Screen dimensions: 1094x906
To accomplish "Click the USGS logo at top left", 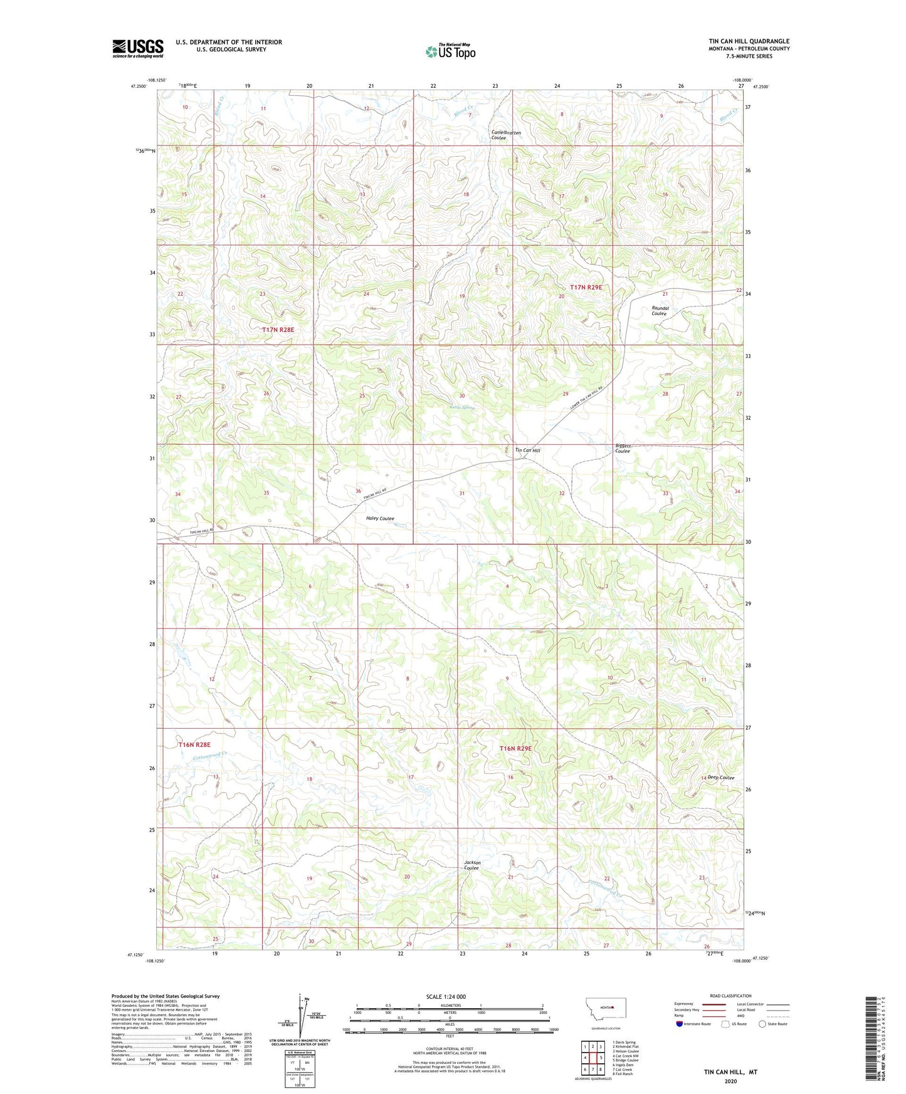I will (138, 48).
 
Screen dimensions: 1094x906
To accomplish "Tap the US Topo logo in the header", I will (450, 51).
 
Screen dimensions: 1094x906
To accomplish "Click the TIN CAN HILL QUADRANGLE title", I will (749, 41).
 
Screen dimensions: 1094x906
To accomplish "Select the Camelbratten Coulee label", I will (507, 135).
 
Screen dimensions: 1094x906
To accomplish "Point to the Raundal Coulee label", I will (660, 311).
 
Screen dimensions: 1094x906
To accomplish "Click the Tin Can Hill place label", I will (527, 451).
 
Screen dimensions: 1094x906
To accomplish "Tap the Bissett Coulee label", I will (623, 449).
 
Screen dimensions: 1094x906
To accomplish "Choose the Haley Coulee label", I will (380, 518).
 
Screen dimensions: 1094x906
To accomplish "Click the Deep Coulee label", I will (721, 778).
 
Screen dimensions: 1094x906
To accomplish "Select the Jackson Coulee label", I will (472, 865).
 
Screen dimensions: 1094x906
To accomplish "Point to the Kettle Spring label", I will (462, 408).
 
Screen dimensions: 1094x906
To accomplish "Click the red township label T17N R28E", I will (278, 330).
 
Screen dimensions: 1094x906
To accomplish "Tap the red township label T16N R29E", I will (515, 749).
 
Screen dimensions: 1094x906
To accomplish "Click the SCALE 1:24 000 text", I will (446, 997).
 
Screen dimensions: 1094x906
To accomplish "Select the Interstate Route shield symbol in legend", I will (680, 1024).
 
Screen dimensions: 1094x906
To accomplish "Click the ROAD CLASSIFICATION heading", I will (730, 996).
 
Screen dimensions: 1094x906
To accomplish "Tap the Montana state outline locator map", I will (605, 1008).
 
